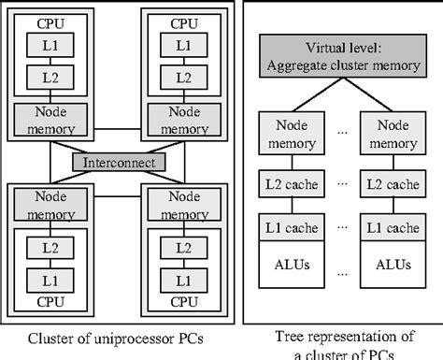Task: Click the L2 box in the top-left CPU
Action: (52, 75)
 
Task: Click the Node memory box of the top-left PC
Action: (52, 117)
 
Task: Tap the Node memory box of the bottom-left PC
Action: (52, 204)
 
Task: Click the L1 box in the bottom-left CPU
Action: (52, 279)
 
